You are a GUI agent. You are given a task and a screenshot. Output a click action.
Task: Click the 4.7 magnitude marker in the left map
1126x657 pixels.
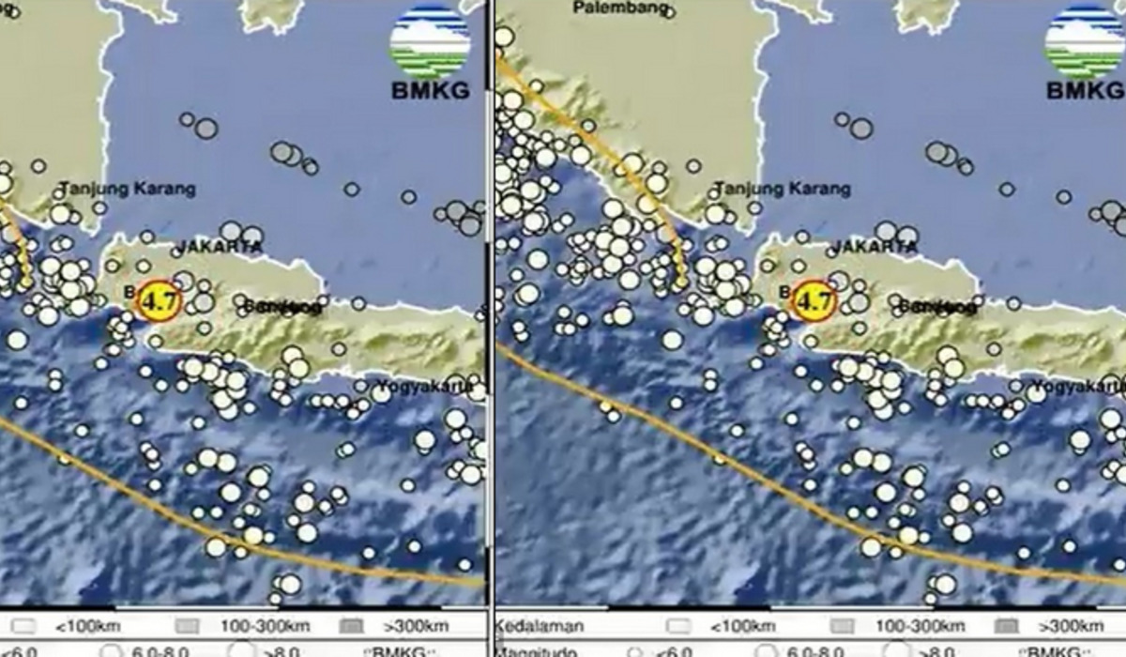157,301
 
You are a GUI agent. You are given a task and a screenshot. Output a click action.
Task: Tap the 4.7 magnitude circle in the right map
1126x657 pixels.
813,301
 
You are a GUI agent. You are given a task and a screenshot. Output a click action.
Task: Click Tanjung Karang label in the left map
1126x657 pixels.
128,189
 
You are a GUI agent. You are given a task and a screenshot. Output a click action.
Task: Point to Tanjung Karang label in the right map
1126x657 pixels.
784,189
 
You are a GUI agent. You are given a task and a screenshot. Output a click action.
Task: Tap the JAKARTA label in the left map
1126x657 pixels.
218,247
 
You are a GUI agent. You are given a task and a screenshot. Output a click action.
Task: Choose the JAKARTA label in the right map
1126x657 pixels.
874,247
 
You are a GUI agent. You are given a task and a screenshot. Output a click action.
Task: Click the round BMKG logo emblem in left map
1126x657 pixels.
430,42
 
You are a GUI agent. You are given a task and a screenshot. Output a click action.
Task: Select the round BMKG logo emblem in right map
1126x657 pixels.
1085,42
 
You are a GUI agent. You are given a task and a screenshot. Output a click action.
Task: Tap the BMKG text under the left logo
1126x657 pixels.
430,91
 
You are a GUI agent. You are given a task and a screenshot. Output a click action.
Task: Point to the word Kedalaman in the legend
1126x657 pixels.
540,626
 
